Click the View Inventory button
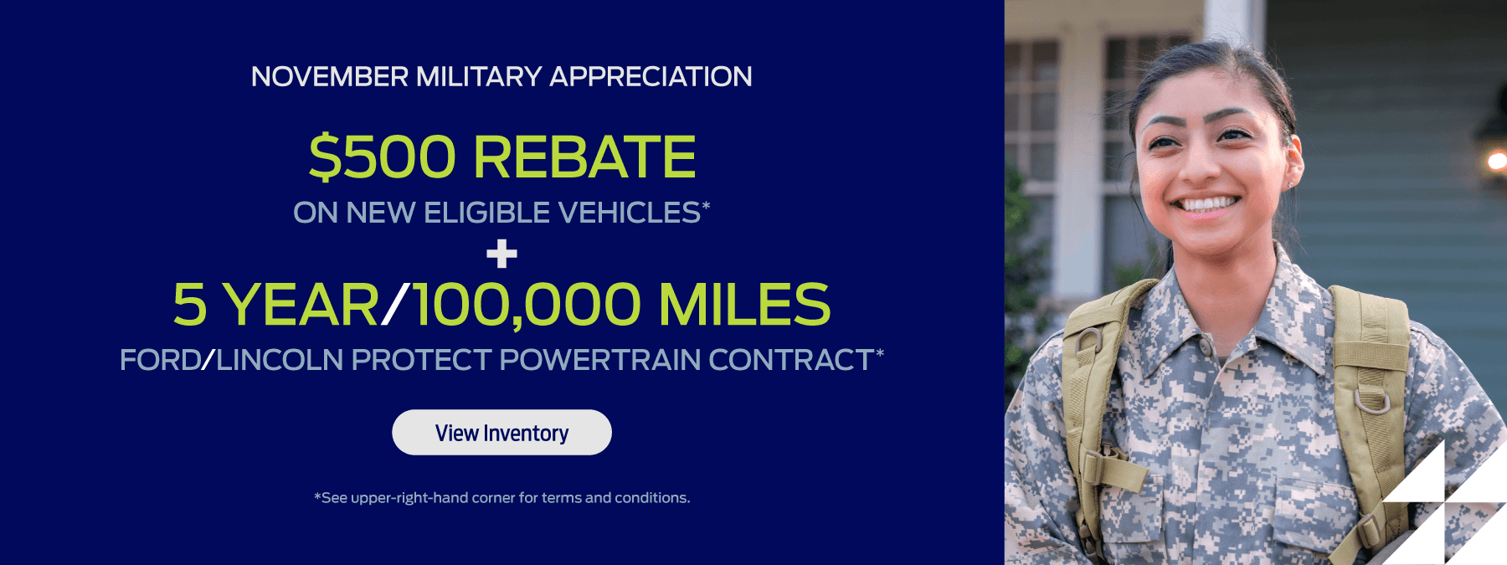(501, 432)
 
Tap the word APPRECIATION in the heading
(651, 77)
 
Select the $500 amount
(383, 157)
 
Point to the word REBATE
(584, 157)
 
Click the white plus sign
(501, 254)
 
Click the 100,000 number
(527, 305)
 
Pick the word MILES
(744, 305)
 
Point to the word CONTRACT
(791, 360)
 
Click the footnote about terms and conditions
(502, 498)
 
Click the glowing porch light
(1496, 161)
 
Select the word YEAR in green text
(301, 305)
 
